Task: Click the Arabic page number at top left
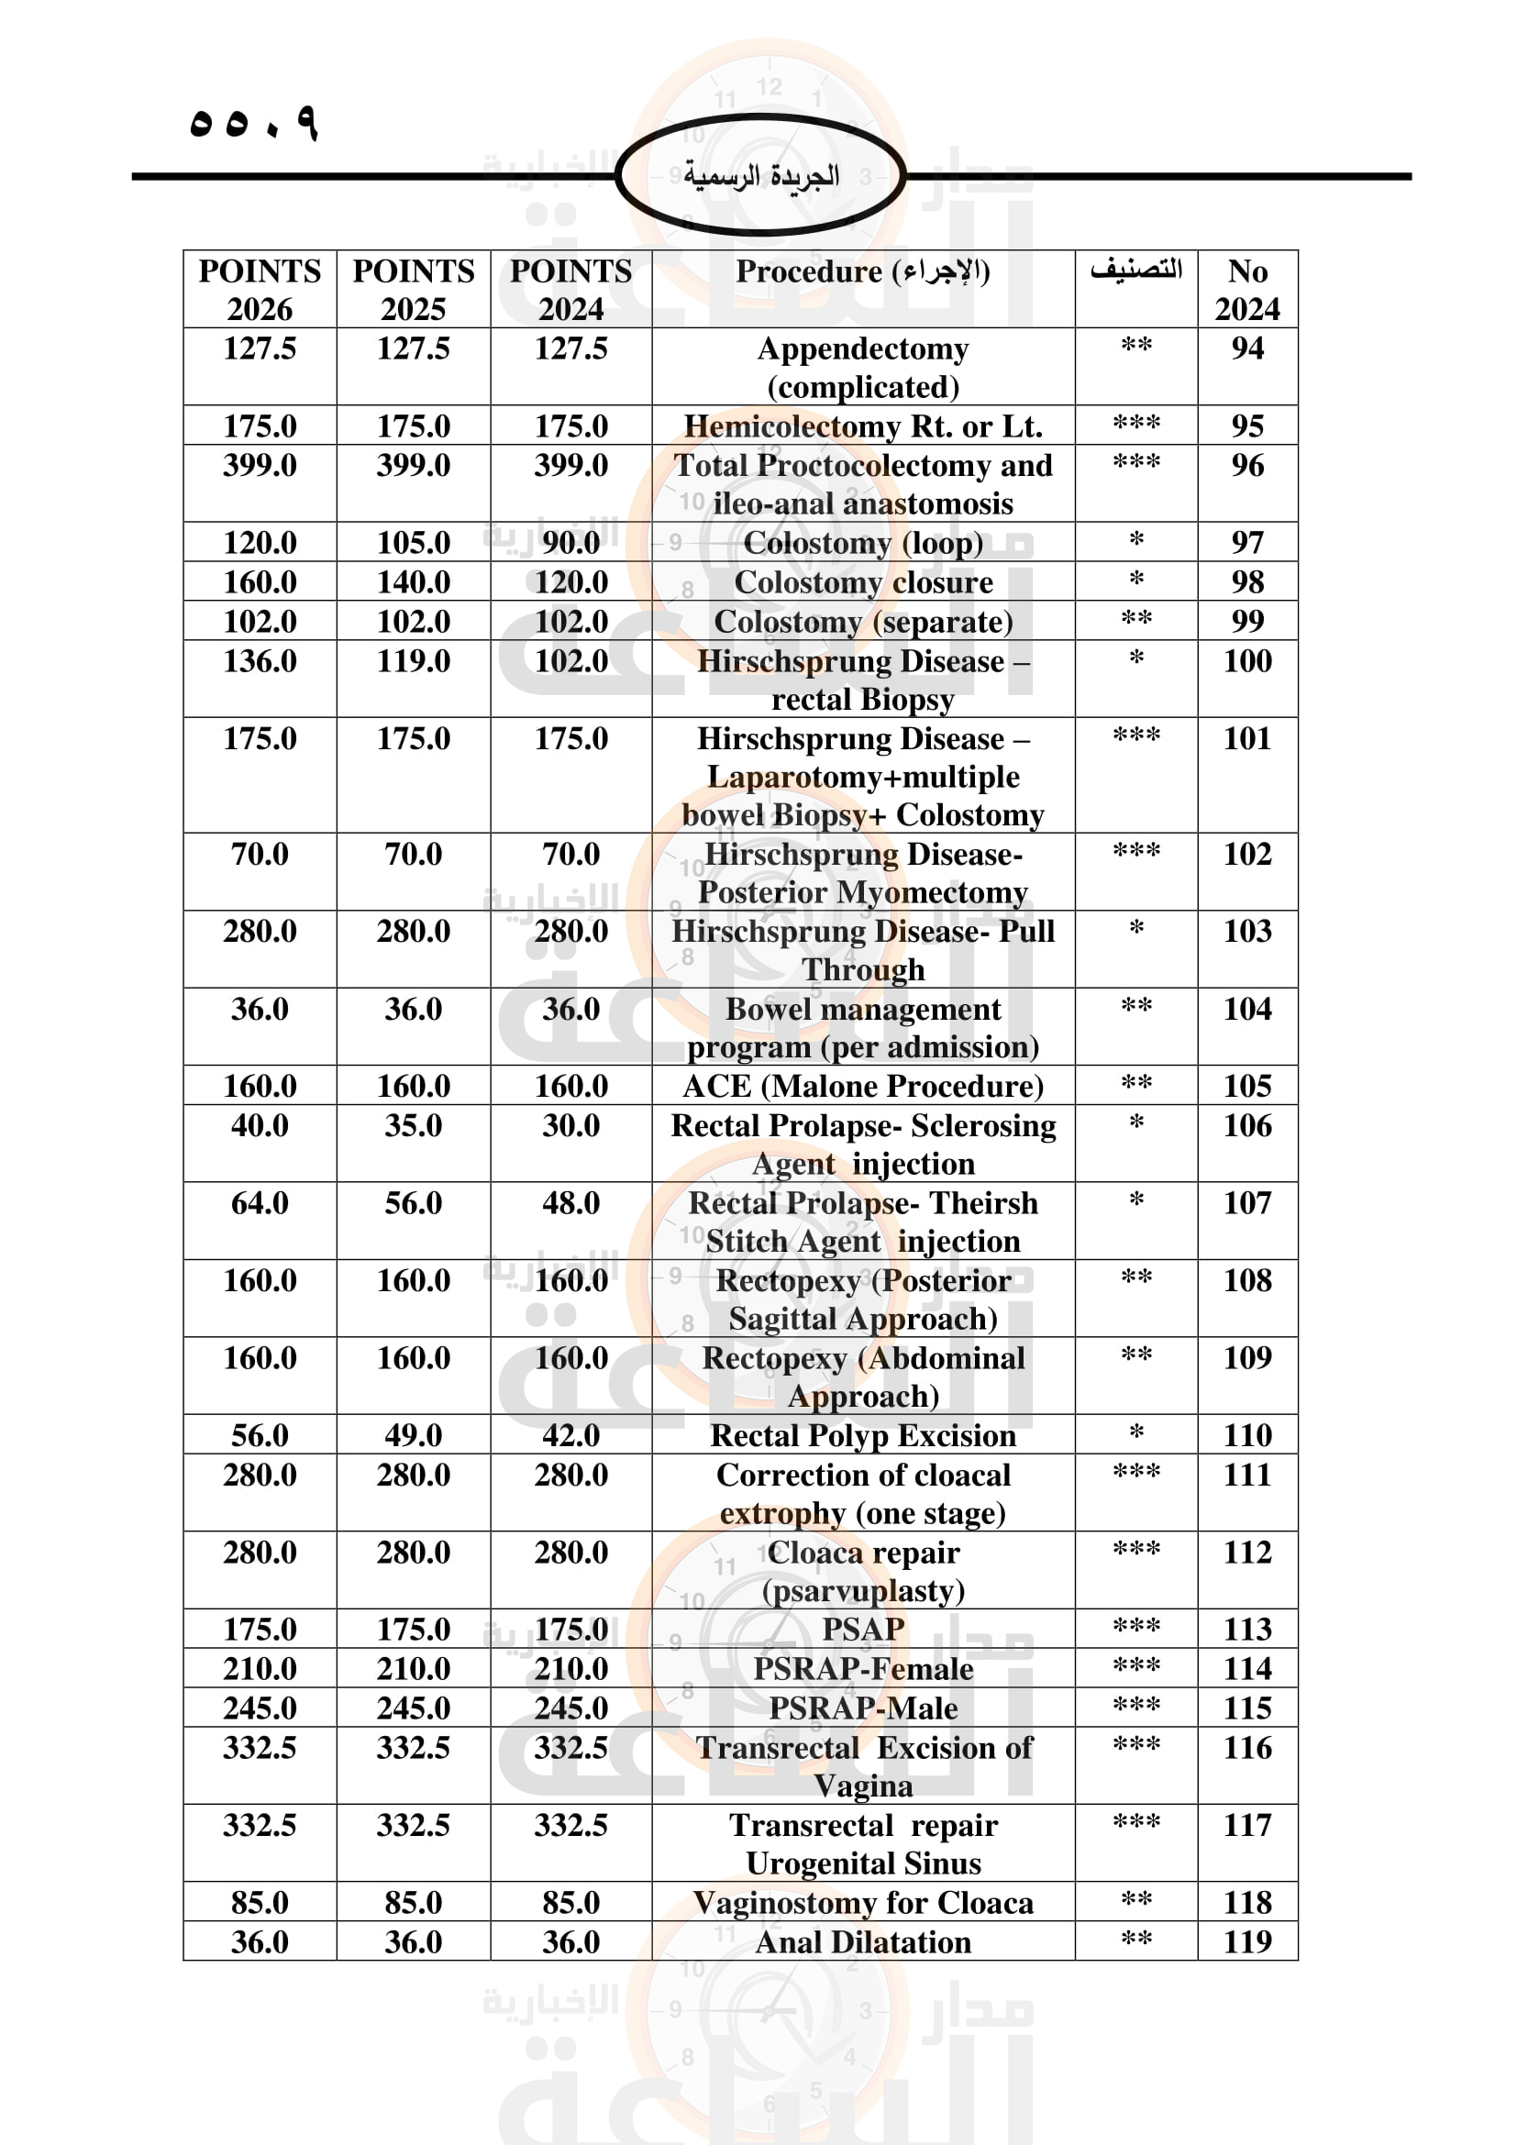click(253, 123)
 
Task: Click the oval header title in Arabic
click(760, 176)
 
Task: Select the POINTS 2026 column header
click(260, 290)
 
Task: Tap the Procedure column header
click(862, 271)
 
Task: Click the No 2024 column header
click(1247, 290)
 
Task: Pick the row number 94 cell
click(1247, 348)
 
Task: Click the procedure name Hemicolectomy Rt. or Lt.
click(862, 426)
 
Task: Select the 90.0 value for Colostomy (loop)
click(570, 543)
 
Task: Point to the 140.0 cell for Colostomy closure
click(413, 582)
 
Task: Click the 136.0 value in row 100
click(260, 661)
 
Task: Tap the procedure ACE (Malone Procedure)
click(862, 1087)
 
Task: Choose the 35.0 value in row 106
click(413, 1126)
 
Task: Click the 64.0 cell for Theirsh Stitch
click(260, 1203)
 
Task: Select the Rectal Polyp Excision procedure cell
click(862, 1435)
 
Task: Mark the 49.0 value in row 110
click(413, 1435)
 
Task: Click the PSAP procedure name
click(862, 1630)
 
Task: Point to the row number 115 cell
click(1247, 1708)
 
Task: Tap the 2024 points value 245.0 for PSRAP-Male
click(570, 1708)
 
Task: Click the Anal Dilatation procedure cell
click(862, 1942)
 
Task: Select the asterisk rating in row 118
click(1135, 1901)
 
